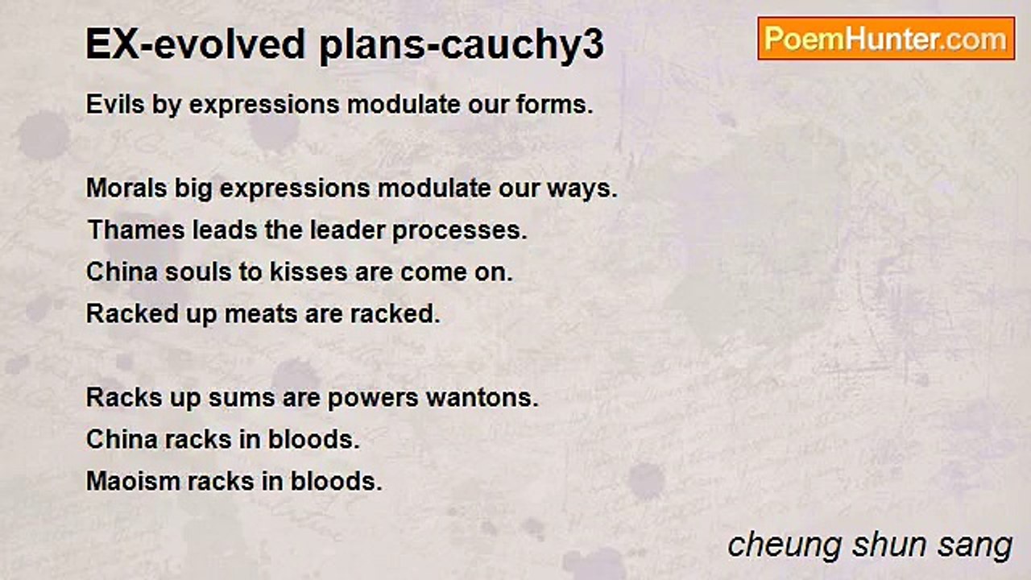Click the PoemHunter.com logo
[x=886, y=39]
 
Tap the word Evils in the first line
[x=114, y=105]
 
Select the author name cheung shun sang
[x=870, y=545]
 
